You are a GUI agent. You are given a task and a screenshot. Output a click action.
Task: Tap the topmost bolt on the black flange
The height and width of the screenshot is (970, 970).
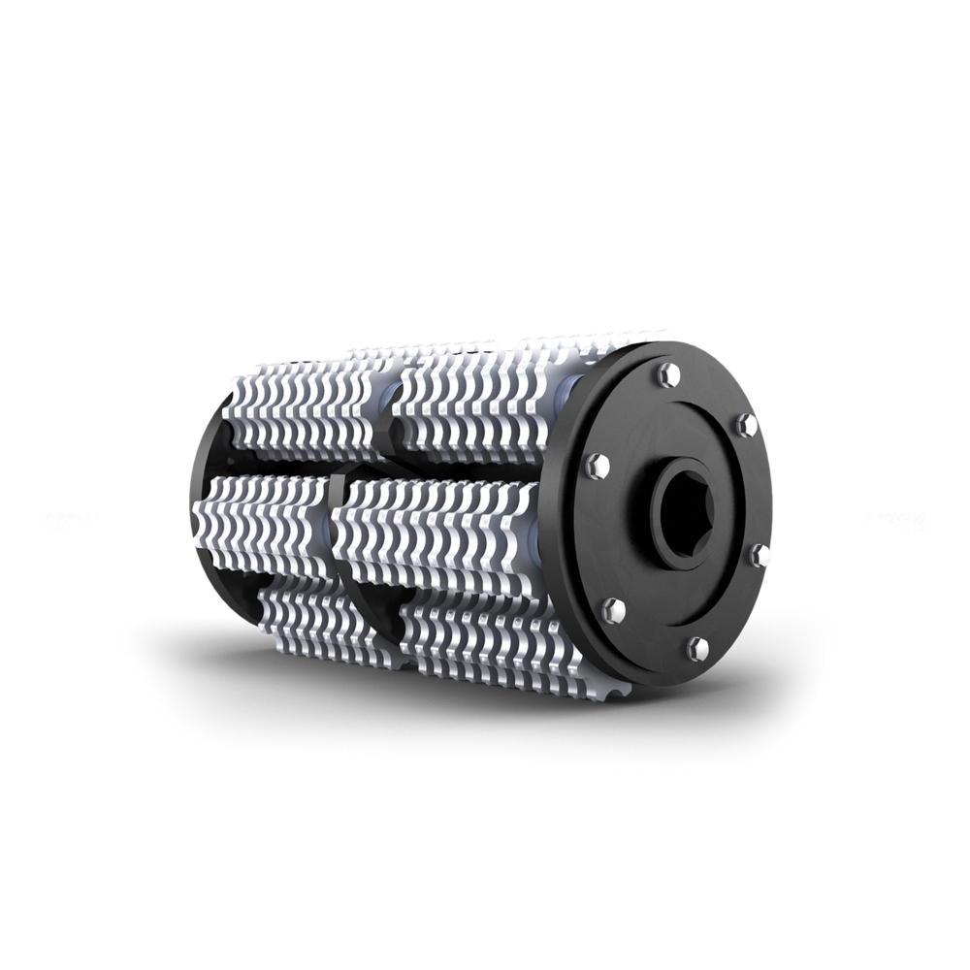pos(668,373)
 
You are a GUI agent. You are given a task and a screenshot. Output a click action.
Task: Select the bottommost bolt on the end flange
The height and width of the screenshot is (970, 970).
pos(697,648)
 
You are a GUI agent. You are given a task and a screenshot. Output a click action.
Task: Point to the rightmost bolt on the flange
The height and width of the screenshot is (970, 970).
pos(759,555)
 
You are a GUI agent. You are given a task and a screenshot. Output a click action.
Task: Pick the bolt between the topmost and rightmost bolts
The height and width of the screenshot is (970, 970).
pos(746,424)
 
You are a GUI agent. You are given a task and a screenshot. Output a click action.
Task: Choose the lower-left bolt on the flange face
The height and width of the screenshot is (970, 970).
pos(613,610)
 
